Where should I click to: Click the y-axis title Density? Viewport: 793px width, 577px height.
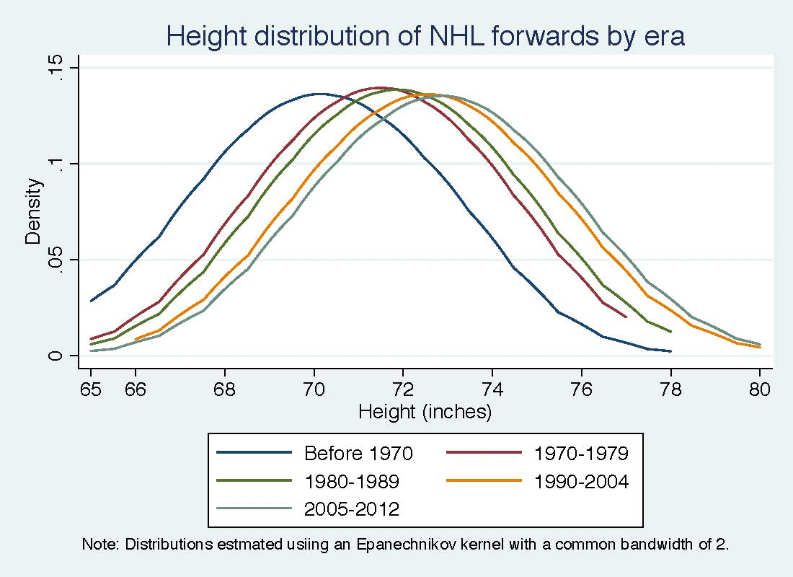[x=34, y=211]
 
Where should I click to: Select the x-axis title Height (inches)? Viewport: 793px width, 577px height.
[x=425, y=412]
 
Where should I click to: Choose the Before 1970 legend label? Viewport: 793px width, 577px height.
[x=358, y=454]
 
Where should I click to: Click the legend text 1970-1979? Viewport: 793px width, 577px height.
[x=581, y=454]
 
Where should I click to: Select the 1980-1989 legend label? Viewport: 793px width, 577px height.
[x=352, y=482]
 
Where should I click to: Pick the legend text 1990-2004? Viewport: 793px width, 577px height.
[x=581, y=482]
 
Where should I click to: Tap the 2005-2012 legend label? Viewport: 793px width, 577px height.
[x=352, y=509]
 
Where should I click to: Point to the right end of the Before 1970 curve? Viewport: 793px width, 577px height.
[x=670, y=351]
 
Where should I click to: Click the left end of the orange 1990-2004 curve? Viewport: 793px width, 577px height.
[x=136, y=339]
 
